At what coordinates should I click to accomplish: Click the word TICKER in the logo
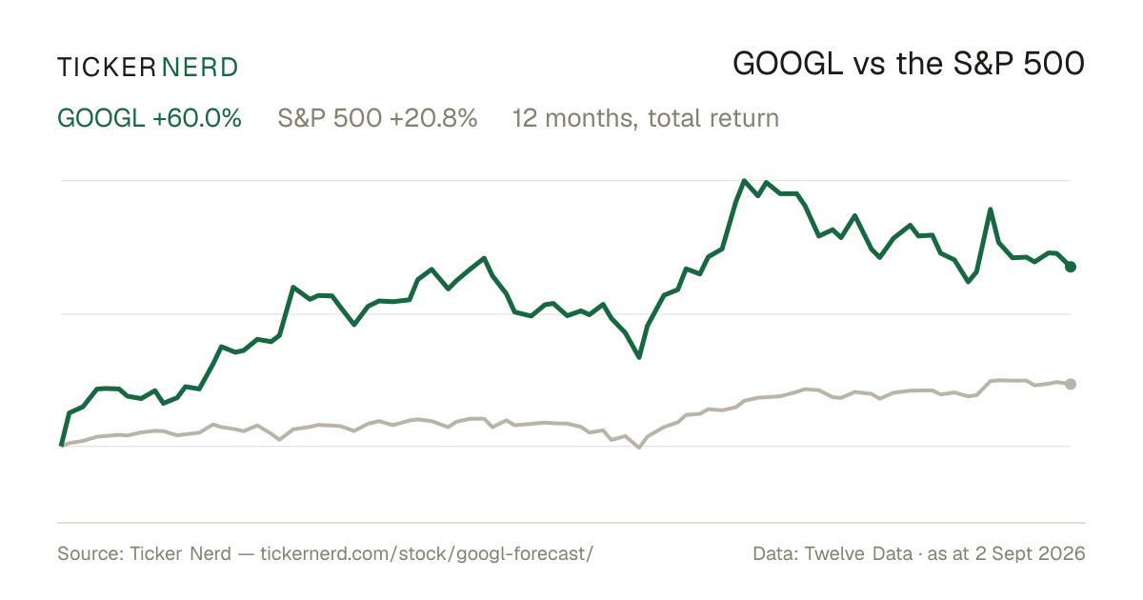[x=106, y=68]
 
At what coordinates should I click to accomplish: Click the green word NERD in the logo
[x=200, y=68]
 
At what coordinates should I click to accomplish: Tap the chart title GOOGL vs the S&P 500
[x=909, y=64]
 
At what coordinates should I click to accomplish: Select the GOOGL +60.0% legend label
[x=149, y=118]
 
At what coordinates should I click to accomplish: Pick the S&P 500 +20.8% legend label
[x=377, y=118]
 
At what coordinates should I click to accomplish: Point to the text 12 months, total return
[x=646, y=119]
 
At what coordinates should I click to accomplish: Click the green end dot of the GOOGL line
[x=1071, y=267]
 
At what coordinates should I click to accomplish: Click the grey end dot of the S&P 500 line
[x=1071, y=384]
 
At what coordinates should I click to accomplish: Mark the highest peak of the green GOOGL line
[x=744, y=181]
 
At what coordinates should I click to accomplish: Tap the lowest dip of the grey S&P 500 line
[x=639, y=448]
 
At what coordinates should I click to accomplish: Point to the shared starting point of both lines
[x=62, y=446]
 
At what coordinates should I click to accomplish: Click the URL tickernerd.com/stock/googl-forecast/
[x=427, y=553]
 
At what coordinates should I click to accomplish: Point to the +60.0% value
[x=196, y=118]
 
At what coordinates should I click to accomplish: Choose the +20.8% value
[x=433, y=118]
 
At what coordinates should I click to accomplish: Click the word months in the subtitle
[x=592, y=119]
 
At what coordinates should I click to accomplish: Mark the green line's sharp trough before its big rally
[x=639, y=356]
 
